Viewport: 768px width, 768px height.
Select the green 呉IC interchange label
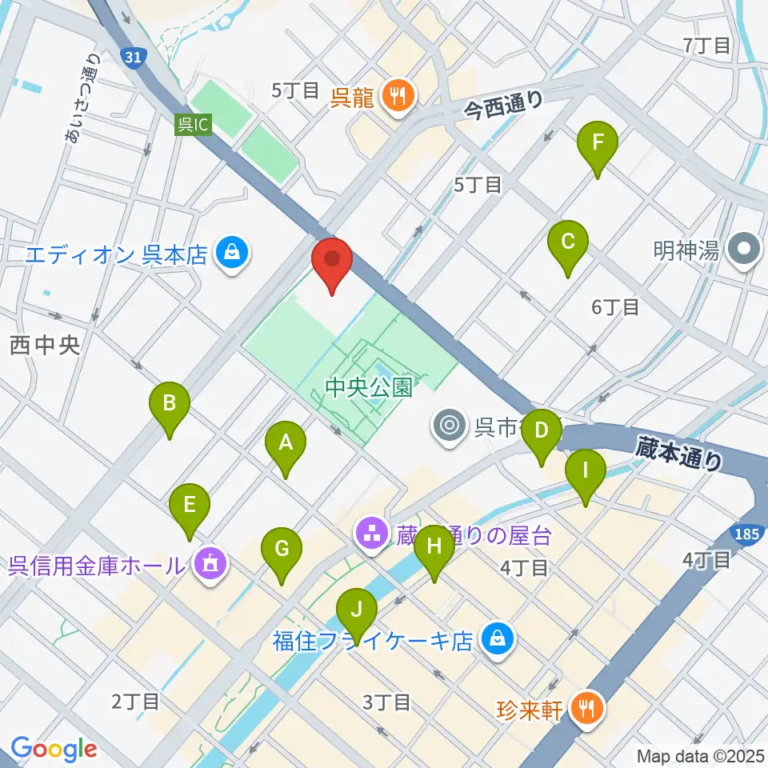click(194, 124)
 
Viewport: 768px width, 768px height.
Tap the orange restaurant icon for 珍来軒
click(590, 708)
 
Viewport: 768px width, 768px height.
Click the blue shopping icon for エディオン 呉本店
click(232, 255)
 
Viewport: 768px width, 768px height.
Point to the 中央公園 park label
click(369, 389)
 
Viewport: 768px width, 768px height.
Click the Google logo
click(54, 749)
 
